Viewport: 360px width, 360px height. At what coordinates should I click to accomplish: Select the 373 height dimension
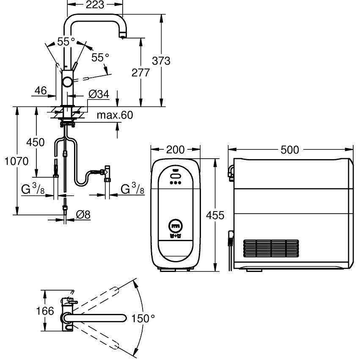(x=161, y=61)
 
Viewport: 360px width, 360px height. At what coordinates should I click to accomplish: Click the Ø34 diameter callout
(x=99, y=94)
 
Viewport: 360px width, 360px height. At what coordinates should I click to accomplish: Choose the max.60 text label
(x=114, y=115)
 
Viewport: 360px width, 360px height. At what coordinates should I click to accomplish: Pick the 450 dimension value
(x=36, y=142)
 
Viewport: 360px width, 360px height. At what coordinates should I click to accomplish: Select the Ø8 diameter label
(x=83, y=215)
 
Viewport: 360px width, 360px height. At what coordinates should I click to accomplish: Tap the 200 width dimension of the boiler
(x=176, y=150)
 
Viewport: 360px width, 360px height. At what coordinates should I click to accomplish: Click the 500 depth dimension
(x=290, y=150)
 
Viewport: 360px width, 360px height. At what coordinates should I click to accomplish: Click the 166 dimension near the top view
(x=45, y=311)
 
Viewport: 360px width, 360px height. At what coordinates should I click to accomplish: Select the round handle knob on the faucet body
(x=67, y=82)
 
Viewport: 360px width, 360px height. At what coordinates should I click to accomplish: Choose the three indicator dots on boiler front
(x=175, y=183)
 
